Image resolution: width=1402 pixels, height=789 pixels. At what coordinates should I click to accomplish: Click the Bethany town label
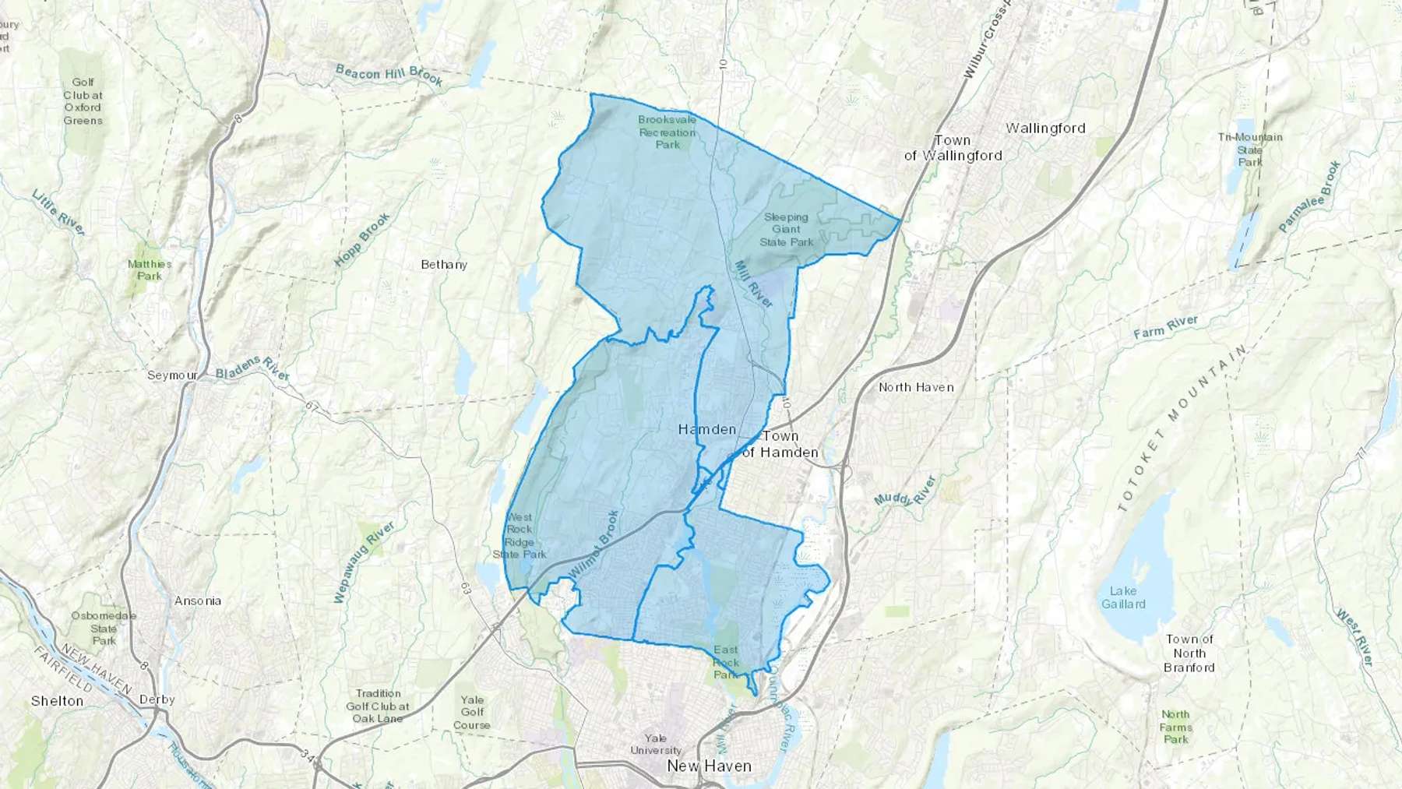[444, 265]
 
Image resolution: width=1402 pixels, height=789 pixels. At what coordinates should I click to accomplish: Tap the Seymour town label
[172, 375]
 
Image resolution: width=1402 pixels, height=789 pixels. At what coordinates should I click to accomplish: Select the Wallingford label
[1045, 129]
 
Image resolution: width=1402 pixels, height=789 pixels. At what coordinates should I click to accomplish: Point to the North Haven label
[916, 387]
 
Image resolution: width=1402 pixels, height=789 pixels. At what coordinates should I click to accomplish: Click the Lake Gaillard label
[1123, 597]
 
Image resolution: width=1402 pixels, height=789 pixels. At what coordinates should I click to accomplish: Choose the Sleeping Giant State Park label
[786, 230]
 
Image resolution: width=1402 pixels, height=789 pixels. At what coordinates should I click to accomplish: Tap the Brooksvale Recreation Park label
[668, 132]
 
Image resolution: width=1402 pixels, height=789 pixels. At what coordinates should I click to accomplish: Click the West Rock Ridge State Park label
[520, 536]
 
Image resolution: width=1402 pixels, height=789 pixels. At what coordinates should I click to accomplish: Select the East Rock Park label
[725, 661]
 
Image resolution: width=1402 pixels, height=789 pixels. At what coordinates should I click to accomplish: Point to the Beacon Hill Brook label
[389, 76]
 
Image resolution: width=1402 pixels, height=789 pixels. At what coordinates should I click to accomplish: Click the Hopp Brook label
[362, 240]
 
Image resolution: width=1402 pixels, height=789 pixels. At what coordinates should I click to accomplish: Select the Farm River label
[1166, 327]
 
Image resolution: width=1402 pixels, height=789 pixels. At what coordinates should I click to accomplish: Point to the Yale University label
[656, 744]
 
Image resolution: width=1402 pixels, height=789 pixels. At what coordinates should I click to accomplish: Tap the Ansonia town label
[198, 601]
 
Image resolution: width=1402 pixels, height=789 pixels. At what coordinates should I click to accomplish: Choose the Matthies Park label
[150, 270]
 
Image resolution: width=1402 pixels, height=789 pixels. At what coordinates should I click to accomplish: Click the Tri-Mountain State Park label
[1250, 150]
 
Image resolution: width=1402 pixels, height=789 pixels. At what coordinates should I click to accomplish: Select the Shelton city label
[57, 701]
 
